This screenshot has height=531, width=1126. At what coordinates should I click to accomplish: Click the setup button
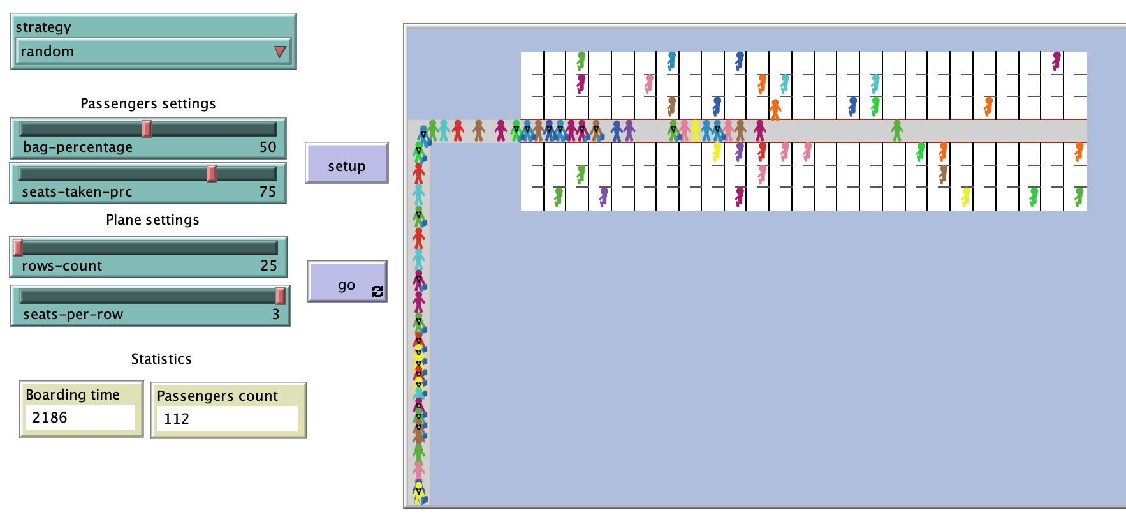click(346, 163)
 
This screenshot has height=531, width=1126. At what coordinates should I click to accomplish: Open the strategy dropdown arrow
click(280, 52)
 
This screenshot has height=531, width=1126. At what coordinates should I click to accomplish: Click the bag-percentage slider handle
click(147, 128)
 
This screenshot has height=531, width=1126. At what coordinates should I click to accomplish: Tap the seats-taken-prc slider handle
click(212, 173)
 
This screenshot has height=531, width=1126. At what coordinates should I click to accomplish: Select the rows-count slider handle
click(18, 247)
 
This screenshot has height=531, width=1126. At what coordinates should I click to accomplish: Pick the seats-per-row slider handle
click(280, 295)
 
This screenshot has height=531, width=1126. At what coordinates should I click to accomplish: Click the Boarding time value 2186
click(50, 417)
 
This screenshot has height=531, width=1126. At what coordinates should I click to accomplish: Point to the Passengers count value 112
click(177, 419)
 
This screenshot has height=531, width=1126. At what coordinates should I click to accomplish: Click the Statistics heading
click(161, 359)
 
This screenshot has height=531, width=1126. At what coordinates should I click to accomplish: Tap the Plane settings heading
click(152, 220)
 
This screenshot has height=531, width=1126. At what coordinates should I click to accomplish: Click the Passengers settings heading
click(148, 103)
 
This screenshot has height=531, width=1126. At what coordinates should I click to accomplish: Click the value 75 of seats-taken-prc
click(267, 191)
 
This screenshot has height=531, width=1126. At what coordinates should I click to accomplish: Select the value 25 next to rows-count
click(268, 265)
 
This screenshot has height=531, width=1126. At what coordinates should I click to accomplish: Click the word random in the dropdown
click(47, 51)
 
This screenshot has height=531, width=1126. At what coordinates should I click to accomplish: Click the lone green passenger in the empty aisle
click(897, 130)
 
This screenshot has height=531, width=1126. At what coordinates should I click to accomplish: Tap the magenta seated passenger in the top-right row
click(1057, 61)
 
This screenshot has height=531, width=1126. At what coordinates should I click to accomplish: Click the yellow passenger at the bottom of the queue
click(418, 493)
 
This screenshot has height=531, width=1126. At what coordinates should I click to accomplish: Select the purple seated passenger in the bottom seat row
click(604, 197)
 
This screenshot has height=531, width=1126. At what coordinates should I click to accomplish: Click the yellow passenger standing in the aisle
click(695, 130)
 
